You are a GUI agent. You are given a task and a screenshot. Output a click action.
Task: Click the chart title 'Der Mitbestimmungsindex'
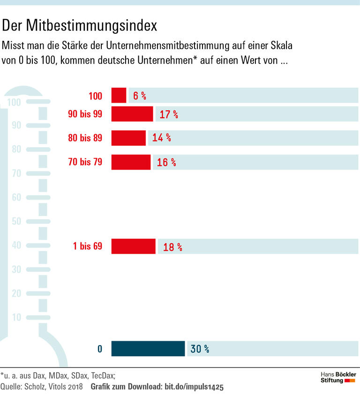79,26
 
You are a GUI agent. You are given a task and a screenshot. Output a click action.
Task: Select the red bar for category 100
119,96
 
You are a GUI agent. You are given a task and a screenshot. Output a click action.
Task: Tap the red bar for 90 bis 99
132,114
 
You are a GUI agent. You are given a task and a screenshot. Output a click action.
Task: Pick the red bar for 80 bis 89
128,138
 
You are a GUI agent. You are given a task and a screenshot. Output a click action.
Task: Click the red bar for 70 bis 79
131,162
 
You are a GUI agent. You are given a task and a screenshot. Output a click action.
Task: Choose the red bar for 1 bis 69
133,246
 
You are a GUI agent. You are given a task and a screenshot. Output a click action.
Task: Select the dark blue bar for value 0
148,349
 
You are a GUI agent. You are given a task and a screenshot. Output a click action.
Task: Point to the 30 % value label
200,349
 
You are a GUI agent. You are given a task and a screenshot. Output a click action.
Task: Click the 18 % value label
172,247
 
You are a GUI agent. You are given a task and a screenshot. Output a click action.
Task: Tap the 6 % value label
140,96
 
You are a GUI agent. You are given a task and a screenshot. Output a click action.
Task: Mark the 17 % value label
169,114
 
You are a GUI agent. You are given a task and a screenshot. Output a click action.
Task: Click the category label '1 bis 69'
88,246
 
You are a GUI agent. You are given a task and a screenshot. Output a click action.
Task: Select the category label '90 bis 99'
85,114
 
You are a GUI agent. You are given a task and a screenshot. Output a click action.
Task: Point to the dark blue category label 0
99,349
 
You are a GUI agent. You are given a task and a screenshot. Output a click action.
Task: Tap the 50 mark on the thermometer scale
16,221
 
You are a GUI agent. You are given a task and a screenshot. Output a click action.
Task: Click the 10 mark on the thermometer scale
16,317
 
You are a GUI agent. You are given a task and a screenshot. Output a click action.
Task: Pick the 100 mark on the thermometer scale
14,102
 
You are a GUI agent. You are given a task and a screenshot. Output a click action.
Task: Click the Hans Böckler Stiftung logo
338,377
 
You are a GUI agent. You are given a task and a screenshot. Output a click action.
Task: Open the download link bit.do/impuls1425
193,387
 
